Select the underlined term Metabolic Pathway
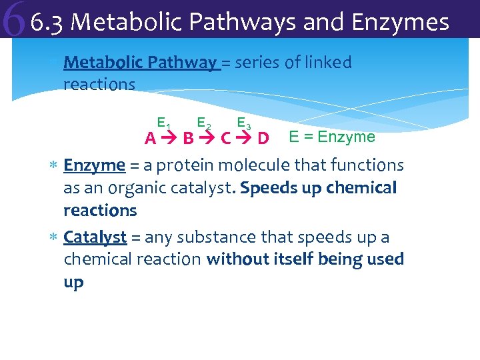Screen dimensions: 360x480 coord(140,63)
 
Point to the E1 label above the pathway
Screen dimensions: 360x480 coord(164,123)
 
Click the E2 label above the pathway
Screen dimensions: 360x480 coord(204,123)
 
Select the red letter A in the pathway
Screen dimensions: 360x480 coord(151,139)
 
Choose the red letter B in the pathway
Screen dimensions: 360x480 coord(189,139)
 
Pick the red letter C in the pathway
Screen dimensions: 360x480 coord(226,139)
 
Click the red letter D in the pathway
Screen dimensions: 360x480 coord(263,139)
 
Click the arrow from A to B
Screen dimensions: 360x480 coord(169,139)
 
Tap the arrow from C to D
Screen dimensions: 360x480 coord(245,139)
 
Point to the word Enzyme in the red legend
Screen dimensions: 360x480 coord(347,137)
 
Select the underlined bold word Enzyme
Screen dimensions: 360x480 coord(94,165)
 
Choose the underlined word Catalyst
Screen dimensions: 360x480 coord(95,237)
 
